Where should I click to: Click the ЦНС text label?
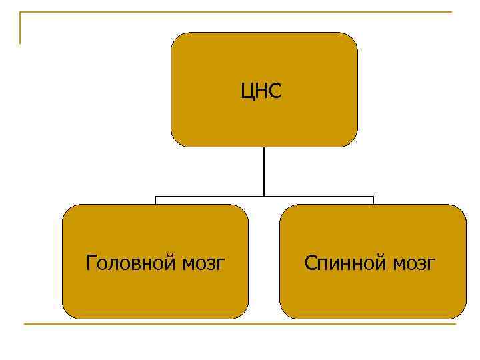point(261,90)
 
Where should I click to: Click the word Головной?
point(131,263)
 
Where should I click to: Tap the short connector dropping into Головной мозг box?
point(155,201)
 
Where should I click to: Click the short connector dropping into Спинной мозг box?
point(373,201)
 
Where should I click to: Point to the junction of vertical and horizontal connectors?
point(264,197)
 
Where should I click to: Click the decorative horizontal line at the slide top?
point(233,13)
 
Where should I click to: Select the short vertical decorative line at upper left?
point(21,28)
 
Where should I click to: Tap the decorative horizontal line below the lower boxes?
point(240,325)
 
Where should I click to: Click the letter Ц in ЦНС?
point(247,91)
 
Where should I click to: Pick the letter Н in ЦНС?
point(261,90)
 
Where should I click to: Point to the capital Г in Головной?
point(91,263)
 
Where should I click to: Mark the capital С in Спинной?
point(310,263)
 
